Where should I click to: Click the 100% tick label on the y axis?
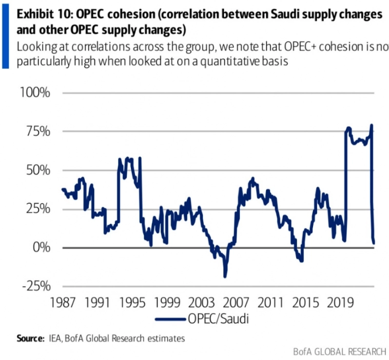35,93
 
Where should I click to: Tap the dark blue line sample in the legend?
170,319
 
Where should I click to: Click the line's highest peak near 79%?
372,125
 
